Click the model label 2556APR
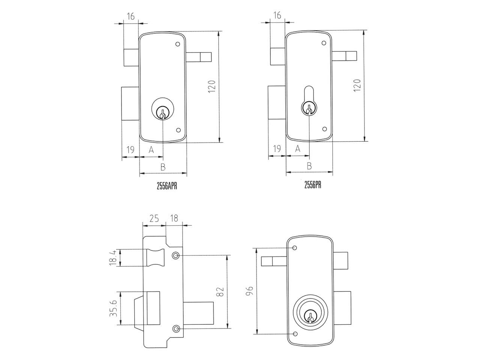[167, 186]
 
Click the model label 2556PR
[313, 185]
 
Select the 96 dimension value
[249, 291]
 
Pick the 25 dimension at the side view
[154, 218]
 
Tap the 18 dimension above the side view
[174, 218]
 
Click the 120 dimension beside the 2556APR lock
[211, 87]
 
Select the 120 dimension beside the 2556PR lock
[357, 85]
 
